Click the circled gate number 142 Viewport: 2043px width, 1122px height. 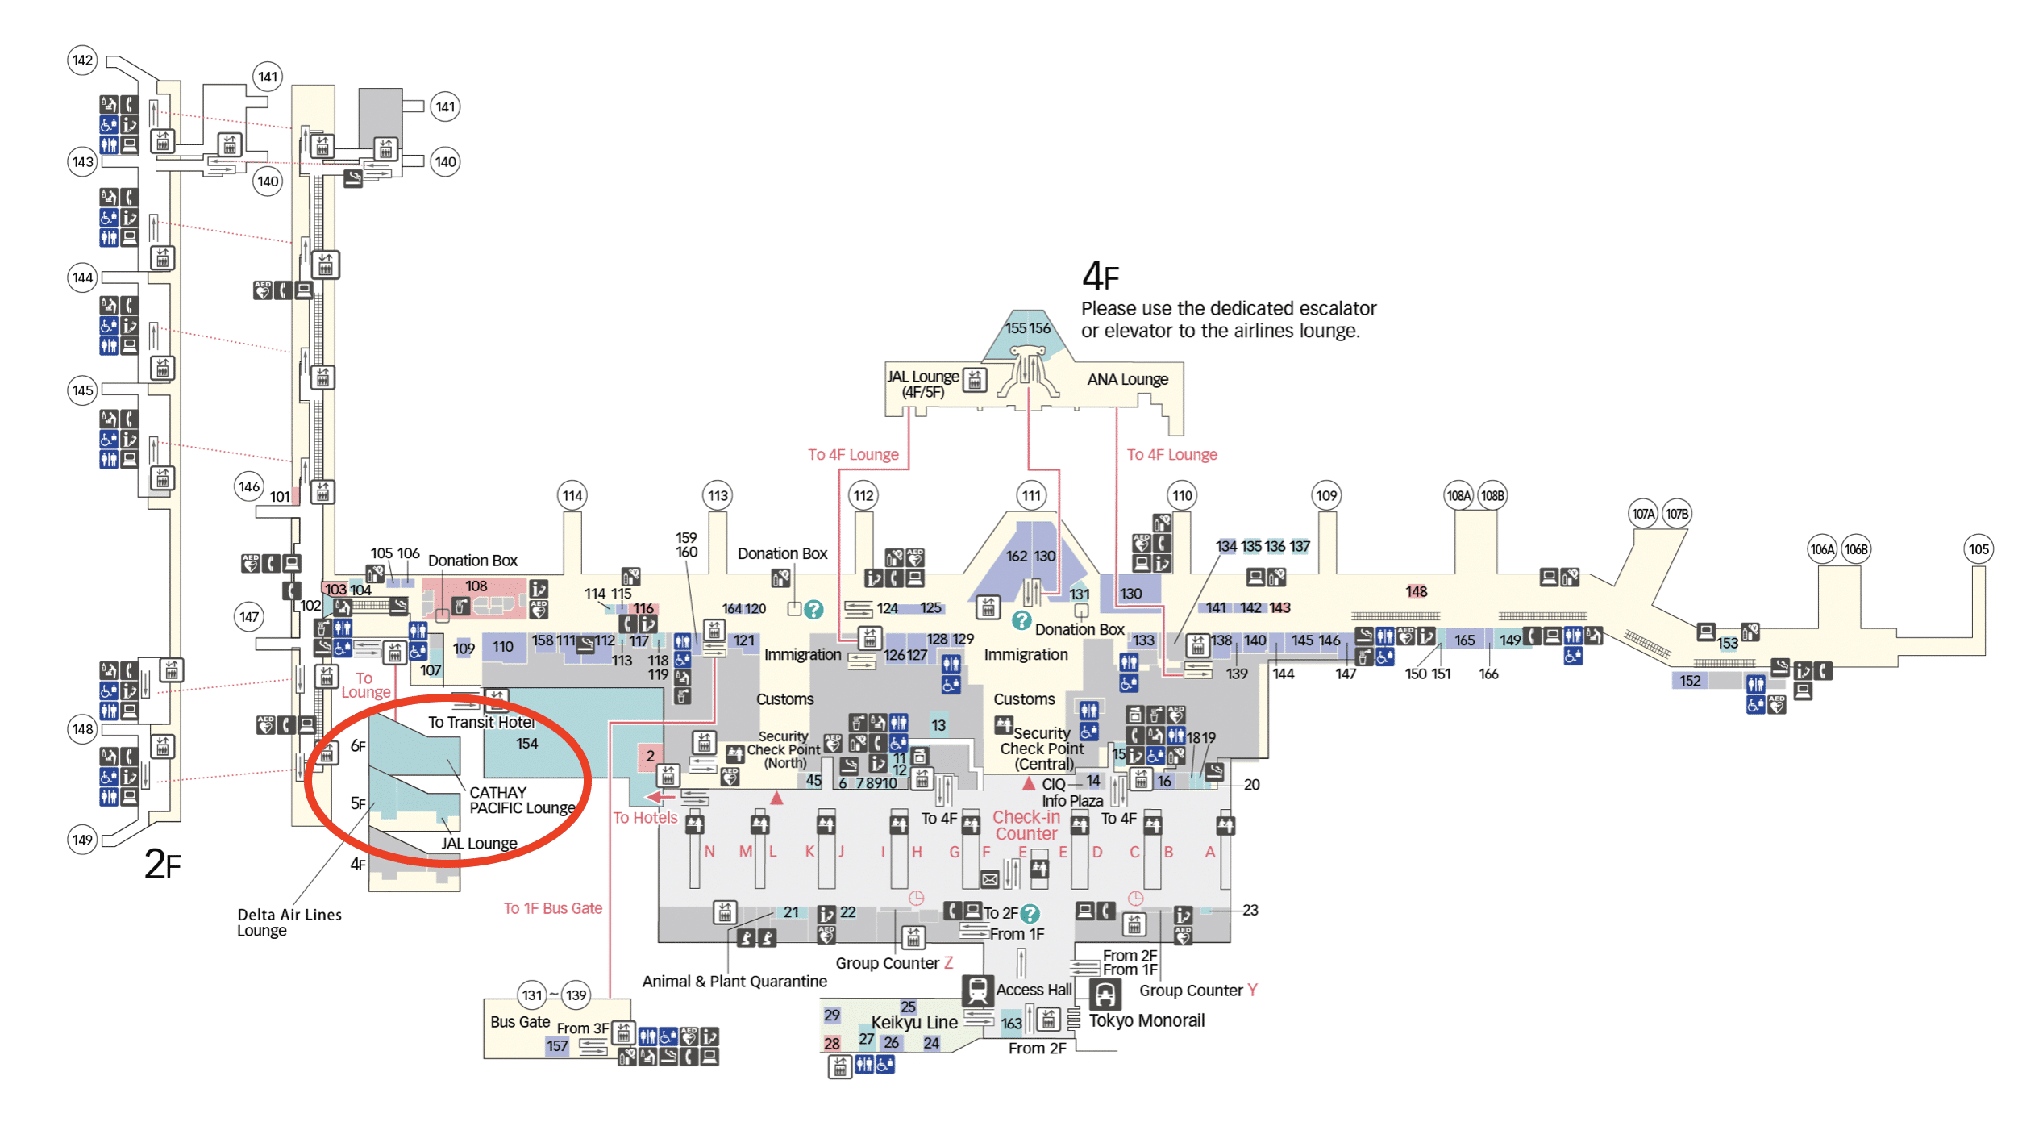point(82,60)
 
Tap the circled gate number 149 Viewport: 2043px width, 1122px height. point(82,840)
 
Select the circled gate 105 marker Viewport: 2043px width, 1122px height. point(1979,549)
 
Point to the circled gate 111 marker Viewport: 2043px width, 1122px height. point(1031,495)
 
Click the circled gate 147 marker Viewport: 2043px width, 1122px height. point(249,617)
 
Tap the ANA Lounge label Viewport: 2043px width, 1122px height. point(1127,379)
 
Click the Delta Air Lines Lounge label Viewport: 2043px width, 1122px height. point(289,922)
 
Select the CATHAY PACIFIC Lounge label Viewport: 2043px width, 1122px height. point(522,800)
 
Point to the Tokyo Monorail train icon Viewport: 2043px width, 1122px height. point(1105,994)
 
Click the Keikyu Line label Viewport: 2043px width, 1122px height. point(914,1022)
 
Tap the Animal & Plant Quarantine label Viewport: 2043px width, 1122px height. point(734,981)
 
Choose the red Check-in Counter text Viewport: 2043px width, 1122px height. point(1026,825)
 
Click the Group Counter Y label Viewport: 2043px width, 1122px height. point(1197,990)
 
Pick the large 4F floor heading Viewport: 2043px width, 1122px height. point(1100,277)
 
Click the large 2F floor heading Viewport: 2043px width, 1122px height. point(162,864)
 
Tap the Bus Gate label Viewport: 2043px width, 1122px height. point(520,1021)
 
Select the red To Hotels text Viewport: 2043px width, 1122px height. point(645,817)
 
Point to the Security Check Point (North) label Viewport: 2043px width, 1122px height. point(784,749)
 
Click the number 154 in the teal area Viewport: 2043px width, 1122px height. point(526,743)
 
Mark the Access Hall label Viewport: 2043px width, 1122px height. point(1034,989)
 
